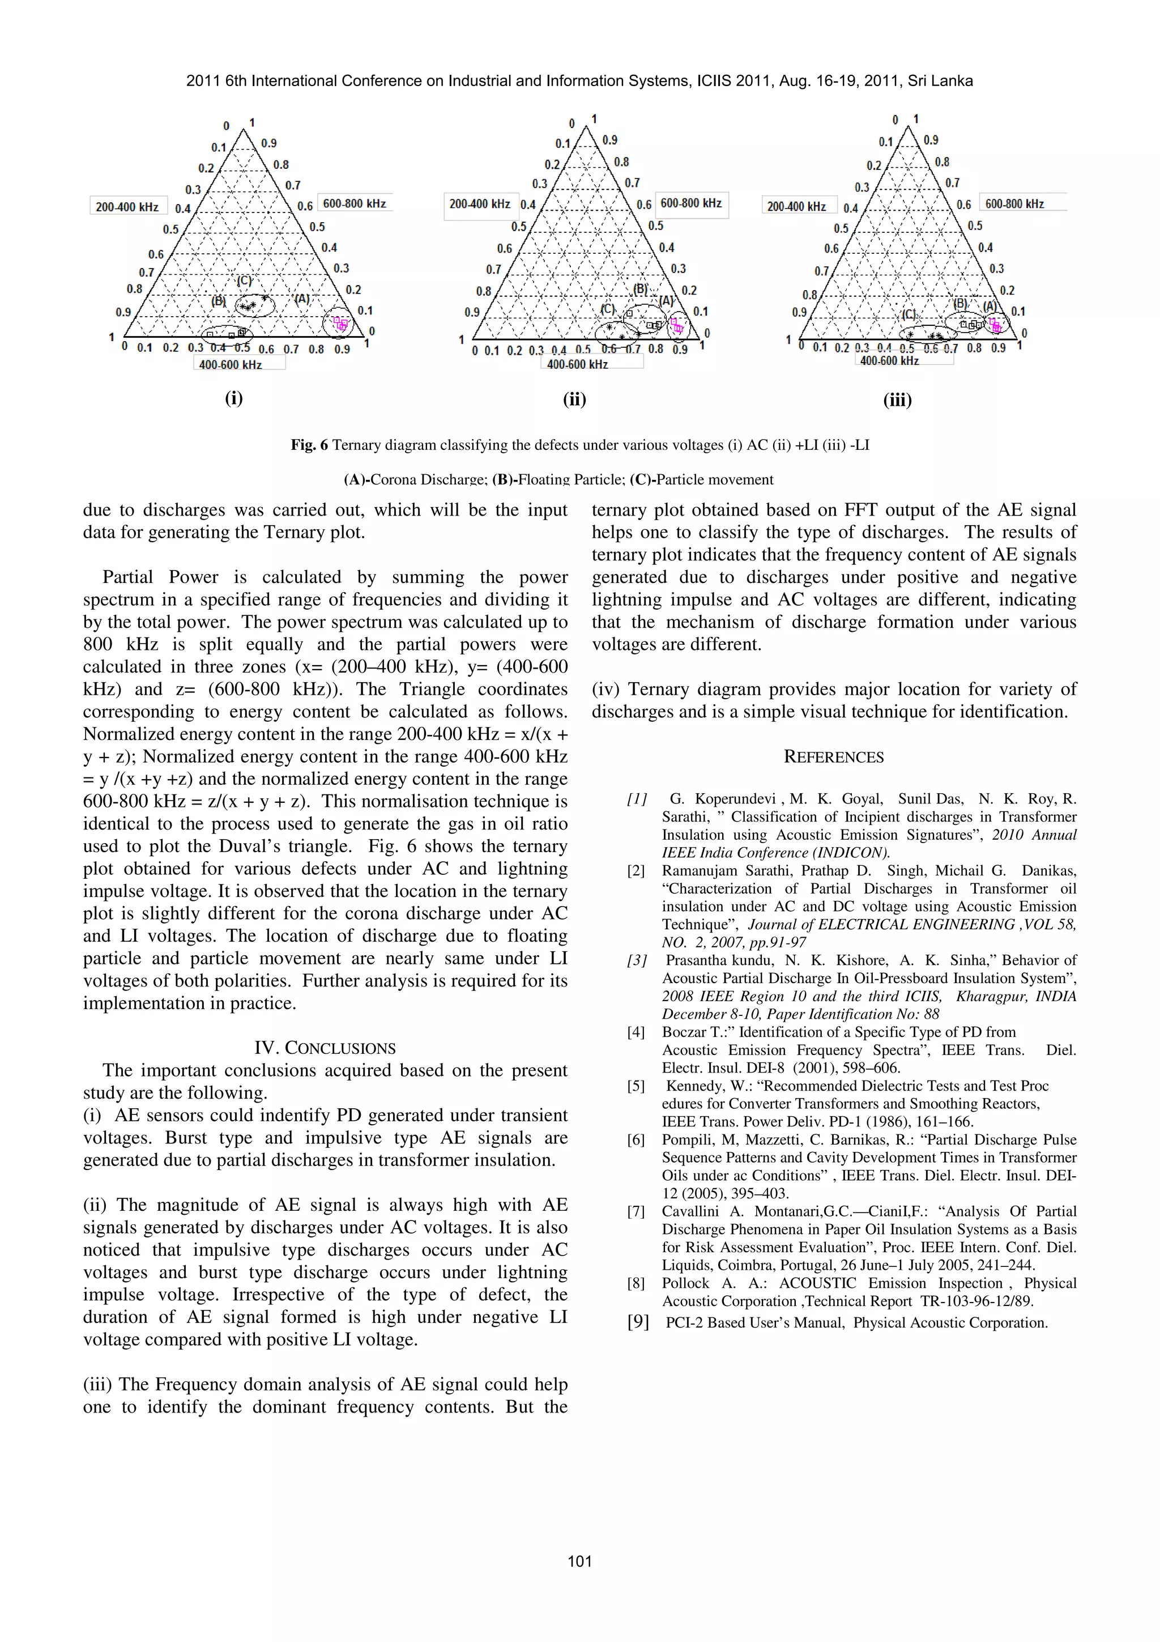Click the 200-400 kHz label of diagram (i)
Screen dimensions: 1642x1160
pyautogui.click(x=127, y=207)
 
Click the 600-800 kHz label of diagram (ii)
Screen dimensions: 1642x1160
pyautogui.click(x=690, y=203)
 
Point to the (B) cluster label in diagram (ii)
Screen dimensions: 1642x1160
pyautogui.click(x=641, y=290)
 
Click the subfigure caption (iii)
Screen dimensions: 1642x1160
pyautogui.click(x=897, y=401)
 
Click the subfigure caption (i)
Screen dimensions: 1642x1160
pyautogui.click(x=234, y=398)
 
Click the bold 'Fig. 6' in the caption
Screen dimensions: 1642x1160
pyautogui.click(x=309, y=445)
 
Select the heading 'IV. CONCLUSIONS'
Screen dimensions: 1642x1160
pyautogui.click(x=325, y=1048)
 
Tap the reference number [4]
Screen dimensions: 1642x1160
pyautogui.click(x=636, y=1032)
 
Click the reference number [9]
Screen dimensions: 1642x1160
pyautogui.click(x=638, y=1322)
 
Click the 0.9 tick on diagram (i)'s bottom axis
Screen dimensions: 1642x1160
pyautogui.click(x=342, y=349)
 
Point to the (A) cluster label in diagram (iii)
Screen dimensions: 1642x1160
pyautogui.click(x=990, y=306)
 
